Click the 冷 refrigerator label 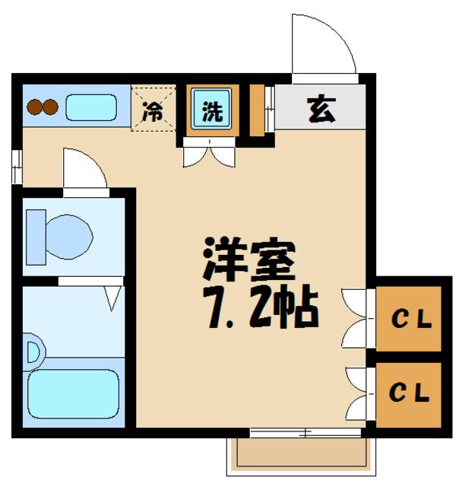coord(154,111)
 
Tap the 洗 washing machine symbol coord(212,111)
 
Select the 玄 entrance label coord(320,110)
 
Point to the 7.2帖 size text coord(258,306)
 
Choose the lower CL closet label coord(410,393)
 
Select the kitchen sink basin coord(90,107)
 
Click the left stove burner coord(34,107)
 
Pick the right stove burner coord(50,107)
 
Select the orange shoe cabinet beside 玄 coord(257,111)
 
